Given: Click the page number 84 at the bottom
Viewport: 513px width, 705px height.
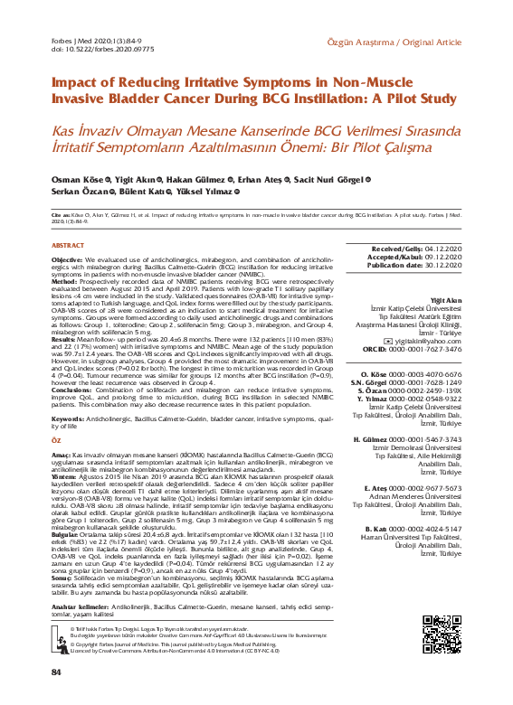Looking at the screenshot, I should click(56, 672).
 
